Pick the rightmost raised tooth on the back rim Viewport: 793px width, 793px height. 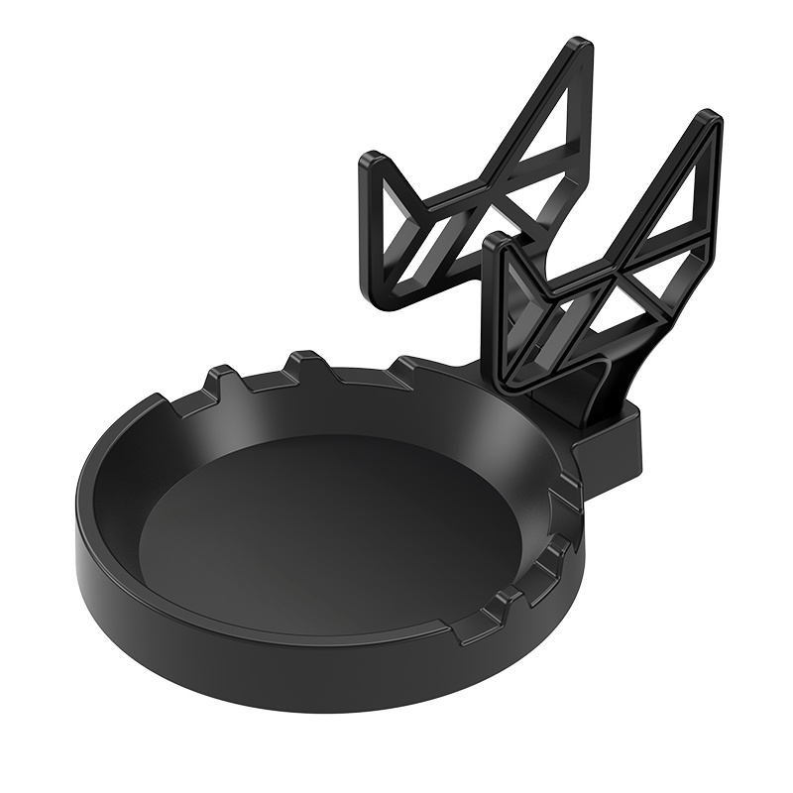406,369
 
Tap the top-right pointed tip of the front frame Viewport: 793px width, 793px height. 709,119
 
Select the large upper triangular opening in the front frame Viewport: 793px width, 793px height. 684,198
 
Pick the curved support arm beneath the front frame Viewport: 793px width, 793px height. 595,387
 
